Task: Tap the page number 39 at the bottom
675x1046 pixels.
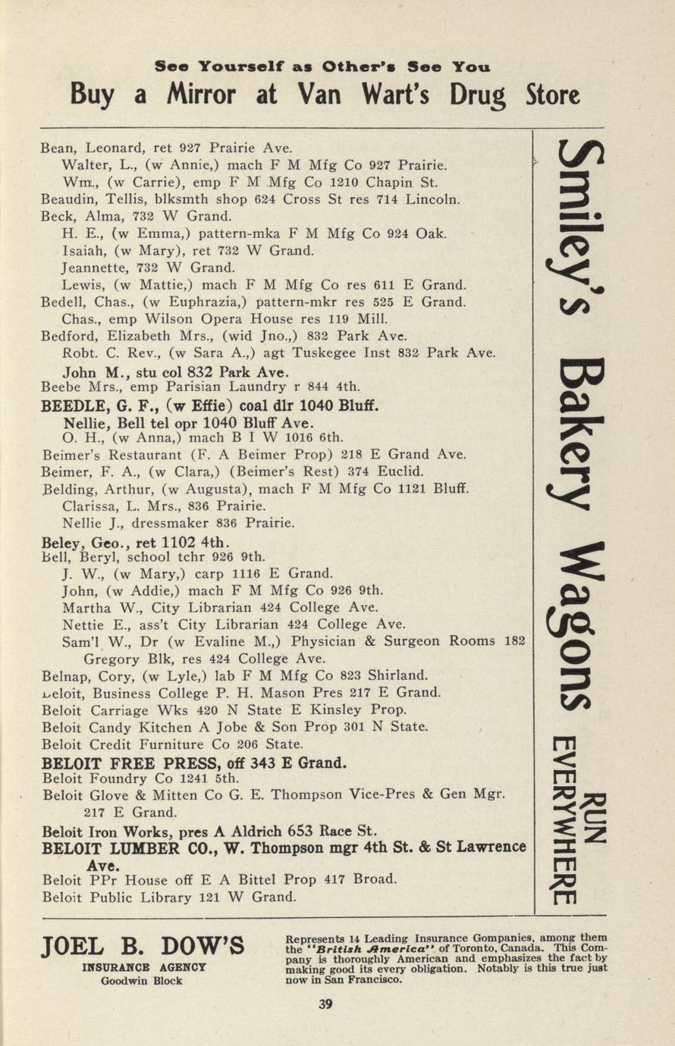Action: pos(325,1004)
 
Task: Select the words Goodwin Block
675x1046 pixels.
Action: pos(143,980)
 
